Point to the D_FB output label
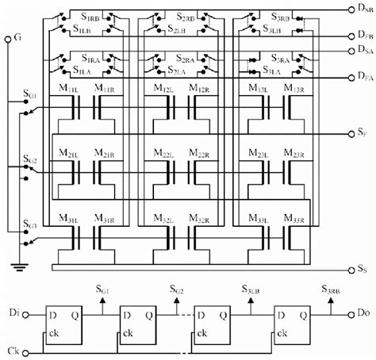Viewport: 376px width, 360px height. (x=366, y=36)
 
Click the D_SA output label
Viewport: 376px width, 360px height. (x=366, y=49)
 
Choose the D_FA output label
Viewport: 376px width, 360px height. (x=366, y=78)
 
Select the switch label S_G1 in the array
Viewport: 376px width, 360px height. (x=29, y=96)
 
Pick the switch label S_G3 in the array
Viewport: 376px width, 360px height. (x=29, y=224)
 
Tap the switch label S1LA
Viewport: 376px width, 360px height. (x=83, y=71)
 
